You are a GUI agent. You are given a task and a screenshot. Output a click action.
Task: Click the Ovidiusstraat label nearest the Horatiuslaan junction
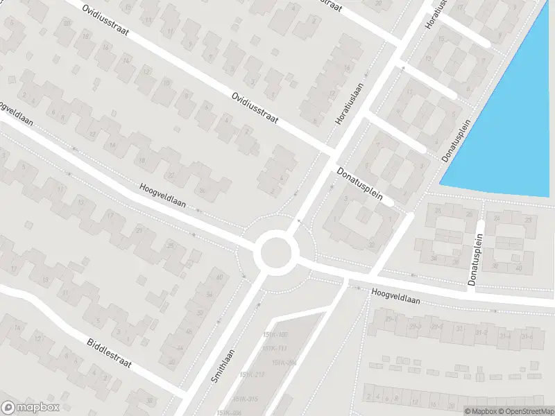tap(255, 110)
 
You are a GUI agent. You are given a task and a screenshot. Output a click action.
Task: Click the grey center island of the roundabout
tap(275, 252)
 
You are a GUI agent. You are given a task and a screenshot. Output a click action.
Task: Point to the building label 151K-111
tap(275, 349)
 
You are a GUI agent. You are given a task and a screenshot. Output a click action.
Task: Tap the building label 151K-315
tap(245, 399)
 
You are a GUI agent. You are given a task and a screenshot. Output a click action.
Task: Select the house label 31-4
tap(505, 336)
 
